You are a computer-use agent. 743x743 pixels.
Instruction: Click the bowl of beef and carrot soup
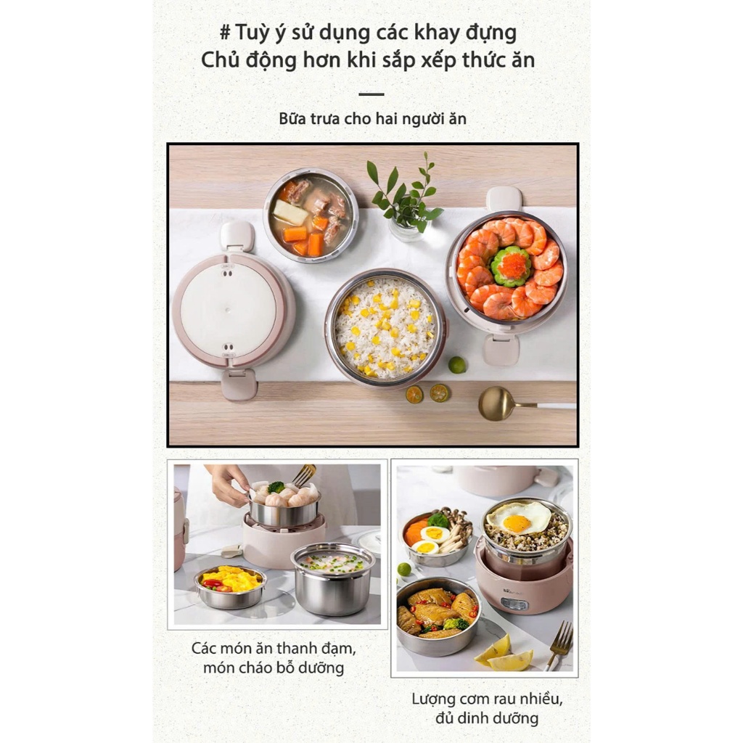pos(311,215)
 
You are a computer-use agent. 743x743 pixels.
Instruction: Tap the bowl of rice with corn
pos(385,328)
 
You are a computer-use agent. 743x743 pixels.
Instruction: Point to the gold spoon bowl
pos(496,403)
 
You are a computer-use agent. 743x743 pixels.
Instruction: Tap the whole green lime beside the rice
pos(457,364)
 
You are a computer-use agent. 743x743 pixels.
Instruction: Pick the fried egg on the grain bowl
pos(518,519)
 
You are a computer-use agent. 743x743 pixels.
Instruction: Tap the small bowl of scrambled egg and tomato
pos(231,586)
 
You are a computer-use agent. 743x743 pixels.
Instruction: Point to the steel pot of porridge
pos(333,579)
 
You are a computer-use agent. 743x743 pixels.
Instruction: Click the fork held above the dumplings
pos(304,475)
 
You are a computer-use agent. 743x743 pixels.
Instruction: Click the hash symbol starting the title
pos(225,33)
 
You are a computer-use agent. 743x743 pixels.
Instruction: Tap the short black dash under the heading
pos(371,94)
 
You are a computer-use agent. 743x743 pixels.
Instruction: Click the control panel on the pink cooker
pos(514,604)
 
